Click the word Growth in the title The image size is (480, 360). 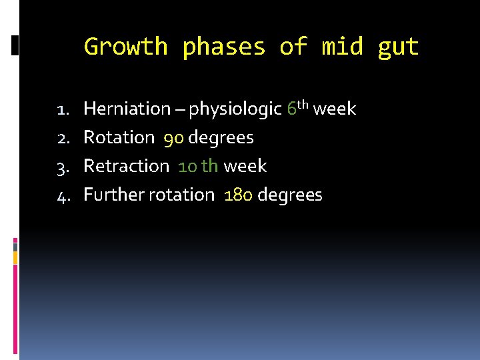click(125, 47)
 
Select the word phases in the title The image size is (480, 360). click(223, 47)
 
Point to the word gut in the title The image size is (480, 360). click(398, 47)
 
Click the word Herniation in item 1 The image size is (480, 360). click(127, 109)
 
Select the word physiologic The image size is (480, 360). click(236, 109)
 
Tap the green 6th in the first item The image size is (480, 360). click(297, 107)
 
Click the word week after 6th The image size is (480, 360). click(335, 109)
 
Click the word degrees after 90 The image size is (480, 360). click(221, 138)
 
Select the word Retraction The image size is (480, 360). click(126, 166)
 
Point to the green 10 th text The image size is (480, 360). click(198, 166)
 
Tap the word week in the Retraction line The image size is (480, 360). click(245, 166)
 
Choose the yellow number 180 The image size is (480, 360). click(239, 195)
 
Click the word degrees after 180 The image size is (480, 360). click(289, 195)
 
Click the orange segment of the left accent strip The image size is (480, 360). click(15, 257)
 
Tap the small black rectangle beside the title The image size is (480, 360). click(15, 45)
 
